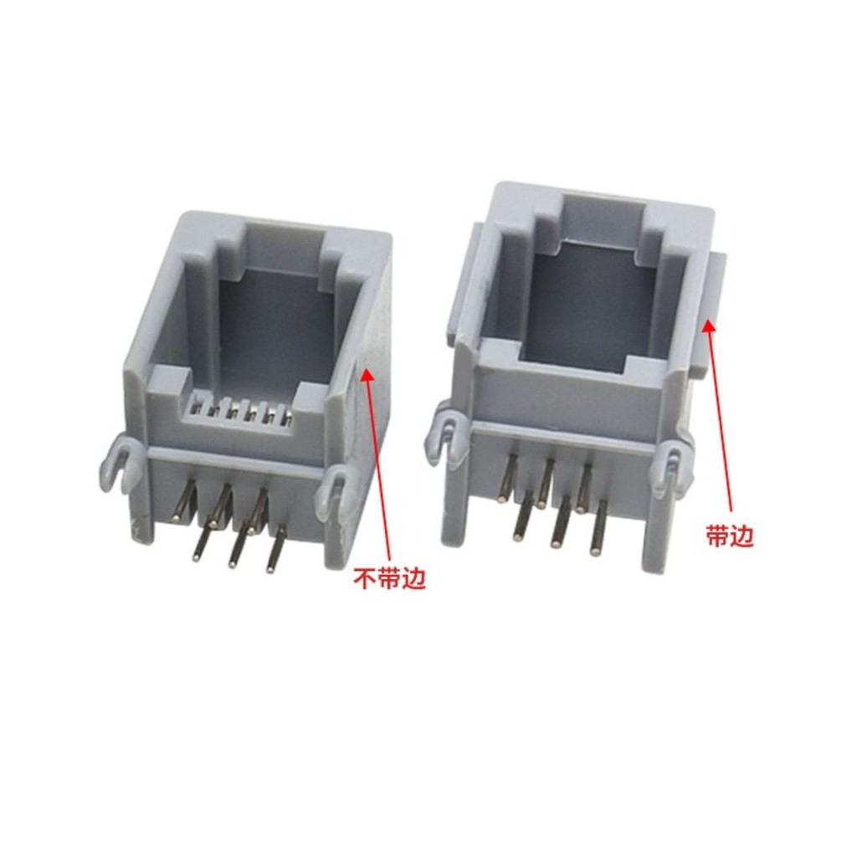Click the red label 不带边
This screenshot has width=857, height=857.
coord(390,580)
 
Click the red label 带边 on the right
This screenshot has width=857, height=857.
coord(730,536)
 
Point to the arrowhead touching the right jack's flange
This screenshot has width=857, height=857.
coord(708,327)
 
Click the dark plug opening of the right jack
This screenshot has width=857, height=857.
coord(596,306)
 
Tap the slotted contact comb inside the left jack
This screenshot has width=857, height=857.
coord(239,413)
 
